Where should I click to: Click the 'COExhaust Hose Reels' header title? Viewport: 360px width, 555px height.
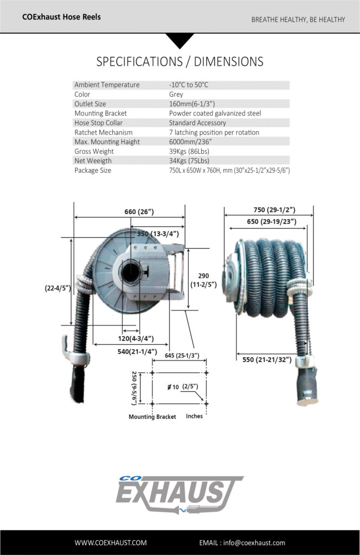tap(61, 17)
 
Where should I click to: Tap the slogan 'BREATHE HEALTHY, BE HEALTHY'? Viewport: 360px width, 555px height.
tap(298, 20)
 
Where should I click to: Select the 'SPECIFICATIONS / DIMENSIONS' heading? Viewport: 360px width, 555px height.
tap(179, 61)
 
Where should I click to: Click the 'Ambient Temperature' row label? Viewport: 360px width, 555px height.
tap(107, 85)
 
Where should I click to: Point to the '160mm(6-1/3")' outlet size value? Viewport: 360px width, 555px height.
tap(191, 104)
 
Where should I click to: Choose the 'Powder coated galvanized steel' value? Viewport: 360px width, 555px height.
tap(215, 113)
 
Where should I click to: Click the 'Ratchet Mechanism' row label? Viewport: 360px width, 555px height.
tap(103, 132)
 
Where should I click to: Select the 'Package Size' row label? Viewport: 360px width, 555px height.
tap(93, 170)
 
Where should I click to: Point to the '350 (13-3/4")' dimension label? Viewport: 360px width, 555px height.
tap(158, 234)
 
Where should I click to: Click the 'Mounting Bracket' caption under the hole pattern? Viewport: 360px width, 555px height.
tap(152, 417)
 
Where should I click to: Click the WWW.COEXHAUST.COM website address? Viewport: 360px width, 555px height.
tap(111, 543)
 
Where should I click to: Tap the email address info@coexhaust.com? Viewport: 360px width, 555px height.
tap(242, 543)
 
